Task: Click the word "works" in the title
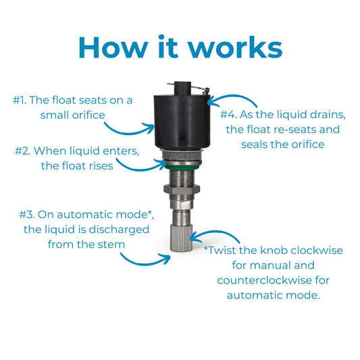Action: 235,47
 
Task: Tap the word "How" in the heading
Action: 113,47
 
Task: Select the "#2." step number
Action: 22,151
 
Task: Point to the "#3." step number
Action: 27,215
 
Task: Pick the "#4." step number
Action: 228,115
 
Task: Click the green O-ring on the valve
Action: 182,167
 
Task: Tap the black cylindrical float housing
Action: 182,122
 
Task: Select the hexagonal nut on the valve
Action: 182,190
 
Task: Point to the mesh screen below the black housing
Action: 182,155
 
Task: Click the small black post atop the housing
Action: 182,88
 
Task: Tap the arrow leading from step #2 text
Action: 140,170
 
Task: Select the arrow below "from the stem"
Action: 145,263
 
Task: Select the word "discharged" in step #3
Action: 119,230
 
